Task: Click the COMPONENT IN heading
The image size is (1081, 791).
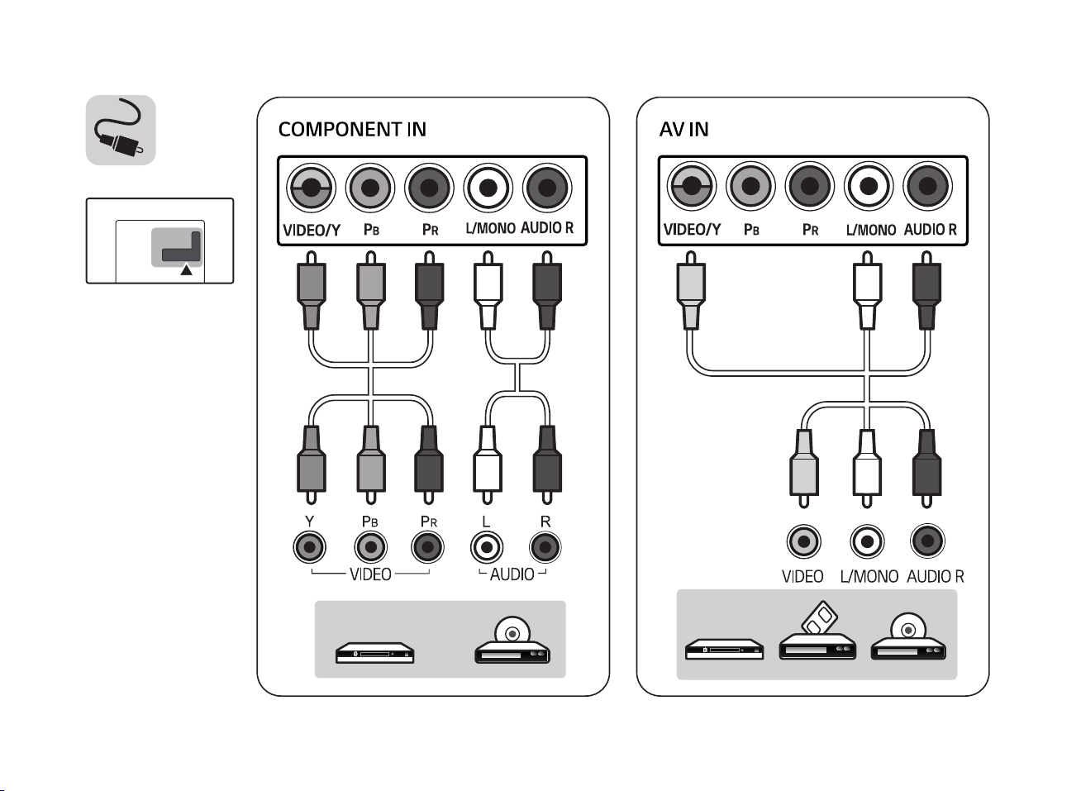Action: click(x=352, y=130)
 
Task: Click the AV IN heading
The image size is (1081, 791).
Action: click(x=683, y=130)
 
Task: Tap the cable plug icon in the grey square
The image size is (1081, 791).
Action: click(x=121, y=131)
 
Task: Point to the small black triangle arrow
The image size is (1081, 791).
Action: click(x=187, y=269)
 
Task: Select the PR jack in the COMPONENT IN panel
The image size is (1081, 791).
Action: click(x=429, y=188)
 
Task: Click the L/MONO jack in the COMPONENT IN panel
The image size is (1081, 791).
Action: click(x=488, y=188)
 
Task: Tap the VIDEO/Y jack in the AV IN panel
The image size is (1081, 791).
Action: click(x=691, y=188)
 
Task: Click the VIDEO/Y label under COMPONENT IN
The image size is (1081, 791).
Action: click(x=312, y=230)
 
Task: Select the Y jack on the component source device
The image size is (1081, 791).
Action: click(x=309, y=546)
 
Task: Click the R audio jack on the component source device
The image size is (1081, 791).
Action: click(x=545, y=546)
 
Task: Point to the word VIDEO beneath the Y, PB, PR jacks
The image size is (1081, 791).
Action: click(x=370, y=574)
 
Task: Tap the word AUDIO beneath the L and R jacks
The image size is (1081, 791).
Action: click(x=512, y=574)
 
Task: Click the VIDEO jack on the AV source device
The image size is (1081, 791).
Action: click(x=803, y=542)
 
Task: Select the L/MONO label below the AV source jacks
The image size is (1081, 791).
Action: click(x=869, y=576)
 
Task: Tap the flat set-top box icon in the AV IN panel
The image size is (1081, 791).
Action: click(x=724, y=649)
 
